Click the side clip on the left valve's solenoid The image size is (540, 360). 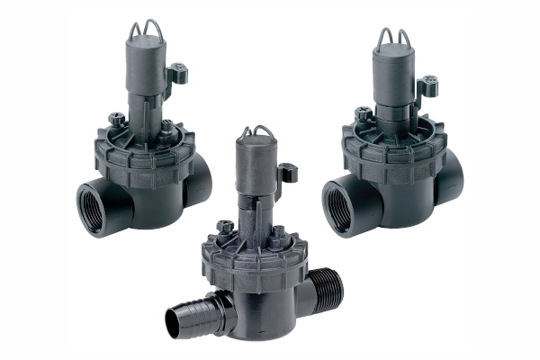(x=177, y=72)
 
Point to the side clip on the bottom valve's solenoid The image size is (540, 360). (x=287, y=172)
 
